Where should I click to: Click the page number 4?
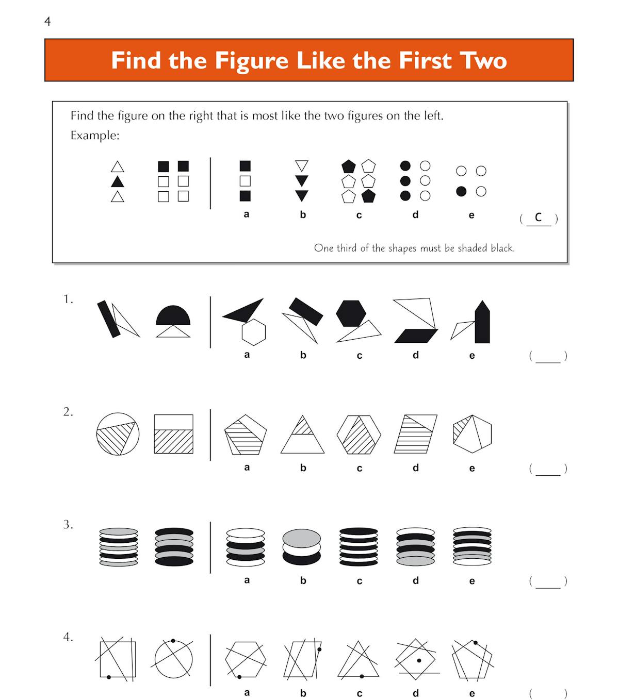coord(47,22)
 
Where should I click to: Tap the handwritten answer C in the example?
coord(538,218)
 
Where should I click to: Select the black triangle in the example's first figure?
coord(118,182)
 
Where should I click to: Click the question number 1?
coord(68,299)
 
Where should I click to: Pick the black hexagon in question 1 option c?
coord(351,313)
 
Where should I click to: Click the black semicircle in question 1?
coord(173,315)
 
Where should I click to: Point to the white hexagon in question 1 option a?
coord(254,332)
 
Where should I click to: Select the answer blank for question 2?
coord(548,469)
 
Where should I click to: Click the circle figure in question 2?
coord(118,434)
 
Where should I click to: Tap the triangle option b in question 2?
coord(302,435)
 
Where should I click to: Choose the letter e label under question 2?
coord(471,469)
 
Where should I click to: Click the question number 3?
coord(68,525)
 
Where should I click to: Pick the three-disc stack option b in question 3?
coord(302,547)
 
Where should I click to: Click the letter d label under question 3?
coord(415,580)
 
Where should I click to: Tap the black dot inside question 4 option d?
coord(419,660)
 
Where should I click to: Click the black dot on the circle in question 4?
coord(173,641)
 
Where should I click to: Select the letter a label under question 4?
coord(247,693)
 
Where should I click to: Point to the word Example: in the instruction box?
coord(95,136)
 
